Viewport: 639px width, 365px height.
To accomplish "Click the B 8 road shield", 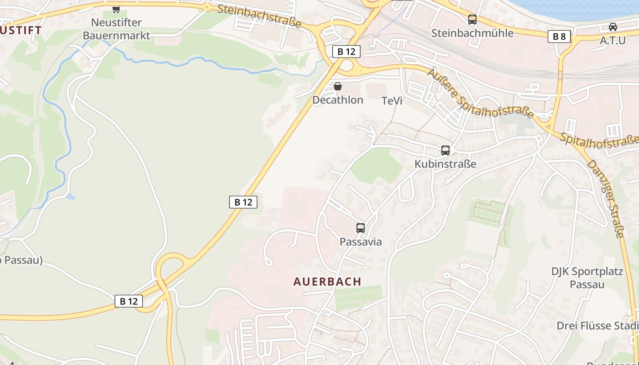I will [559, 37].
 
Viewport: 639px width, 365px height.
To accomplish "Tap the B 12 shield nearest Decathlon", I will [346, 52].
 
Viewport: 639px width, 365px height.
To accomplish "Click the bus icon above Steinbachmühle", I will [472, 20].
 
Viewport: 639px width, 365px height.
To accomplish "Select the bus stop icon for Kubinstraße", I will [445, 151].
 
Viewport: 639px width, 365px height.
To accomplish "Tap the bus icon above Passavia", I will [361, 228].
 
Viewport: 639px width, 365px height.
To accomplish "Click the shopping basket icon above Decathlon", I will [338, 86].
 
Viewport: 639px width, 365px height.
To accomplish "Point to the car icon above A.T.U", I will [613, 26].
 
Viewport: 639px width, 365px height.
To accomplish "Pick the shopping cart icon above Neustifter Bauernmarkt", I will [116, 9].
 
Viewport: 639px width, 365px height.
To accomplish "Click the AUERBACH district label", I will [327, 282].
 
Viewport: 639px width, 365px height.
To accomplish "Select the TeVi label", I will [392, 101].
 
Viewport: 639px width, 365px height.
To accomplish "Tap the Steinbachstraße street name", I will [259, 16].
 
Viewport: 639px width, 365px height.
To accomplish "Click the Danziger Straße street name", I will [606, 198].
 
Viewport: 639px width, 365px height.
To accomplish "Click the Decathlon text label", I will [338, 100].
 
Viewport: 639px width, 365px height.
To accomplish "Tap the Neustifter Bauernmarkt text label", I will [116, 29].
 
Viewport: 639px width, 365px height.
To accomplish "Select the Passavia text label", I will [361, 242].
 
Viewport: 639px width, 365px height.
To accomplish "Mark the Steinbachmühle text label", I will [472, 33].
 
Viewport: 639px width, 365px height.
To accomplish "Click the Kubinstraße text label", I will [445, 164].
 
